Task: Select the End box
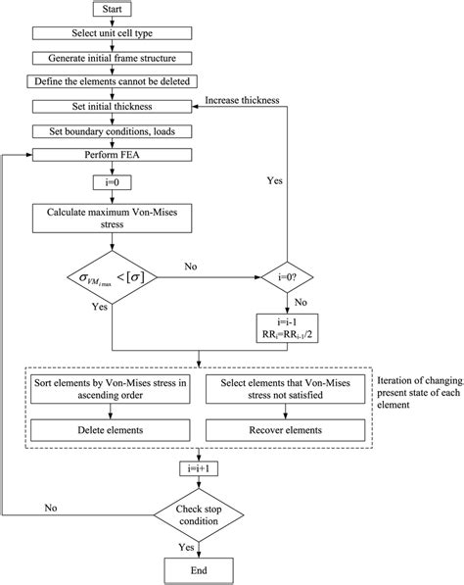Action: coord(199,569)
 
